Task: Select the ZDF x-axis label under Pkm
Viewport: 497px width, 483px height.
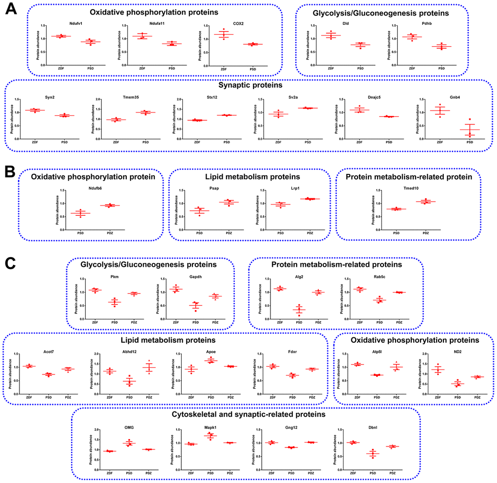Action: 95,323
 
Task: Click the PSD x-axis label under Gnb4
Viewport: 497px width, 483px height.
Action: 469,142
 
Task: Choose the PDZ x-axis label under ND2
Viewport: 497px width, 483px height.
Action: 477,397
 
